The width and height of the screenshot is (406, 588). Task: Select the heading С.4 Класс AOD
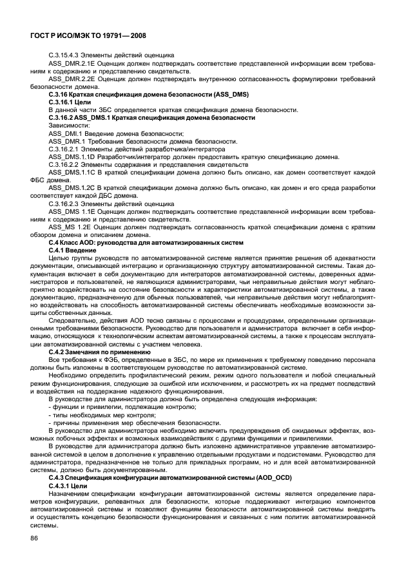75,242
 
